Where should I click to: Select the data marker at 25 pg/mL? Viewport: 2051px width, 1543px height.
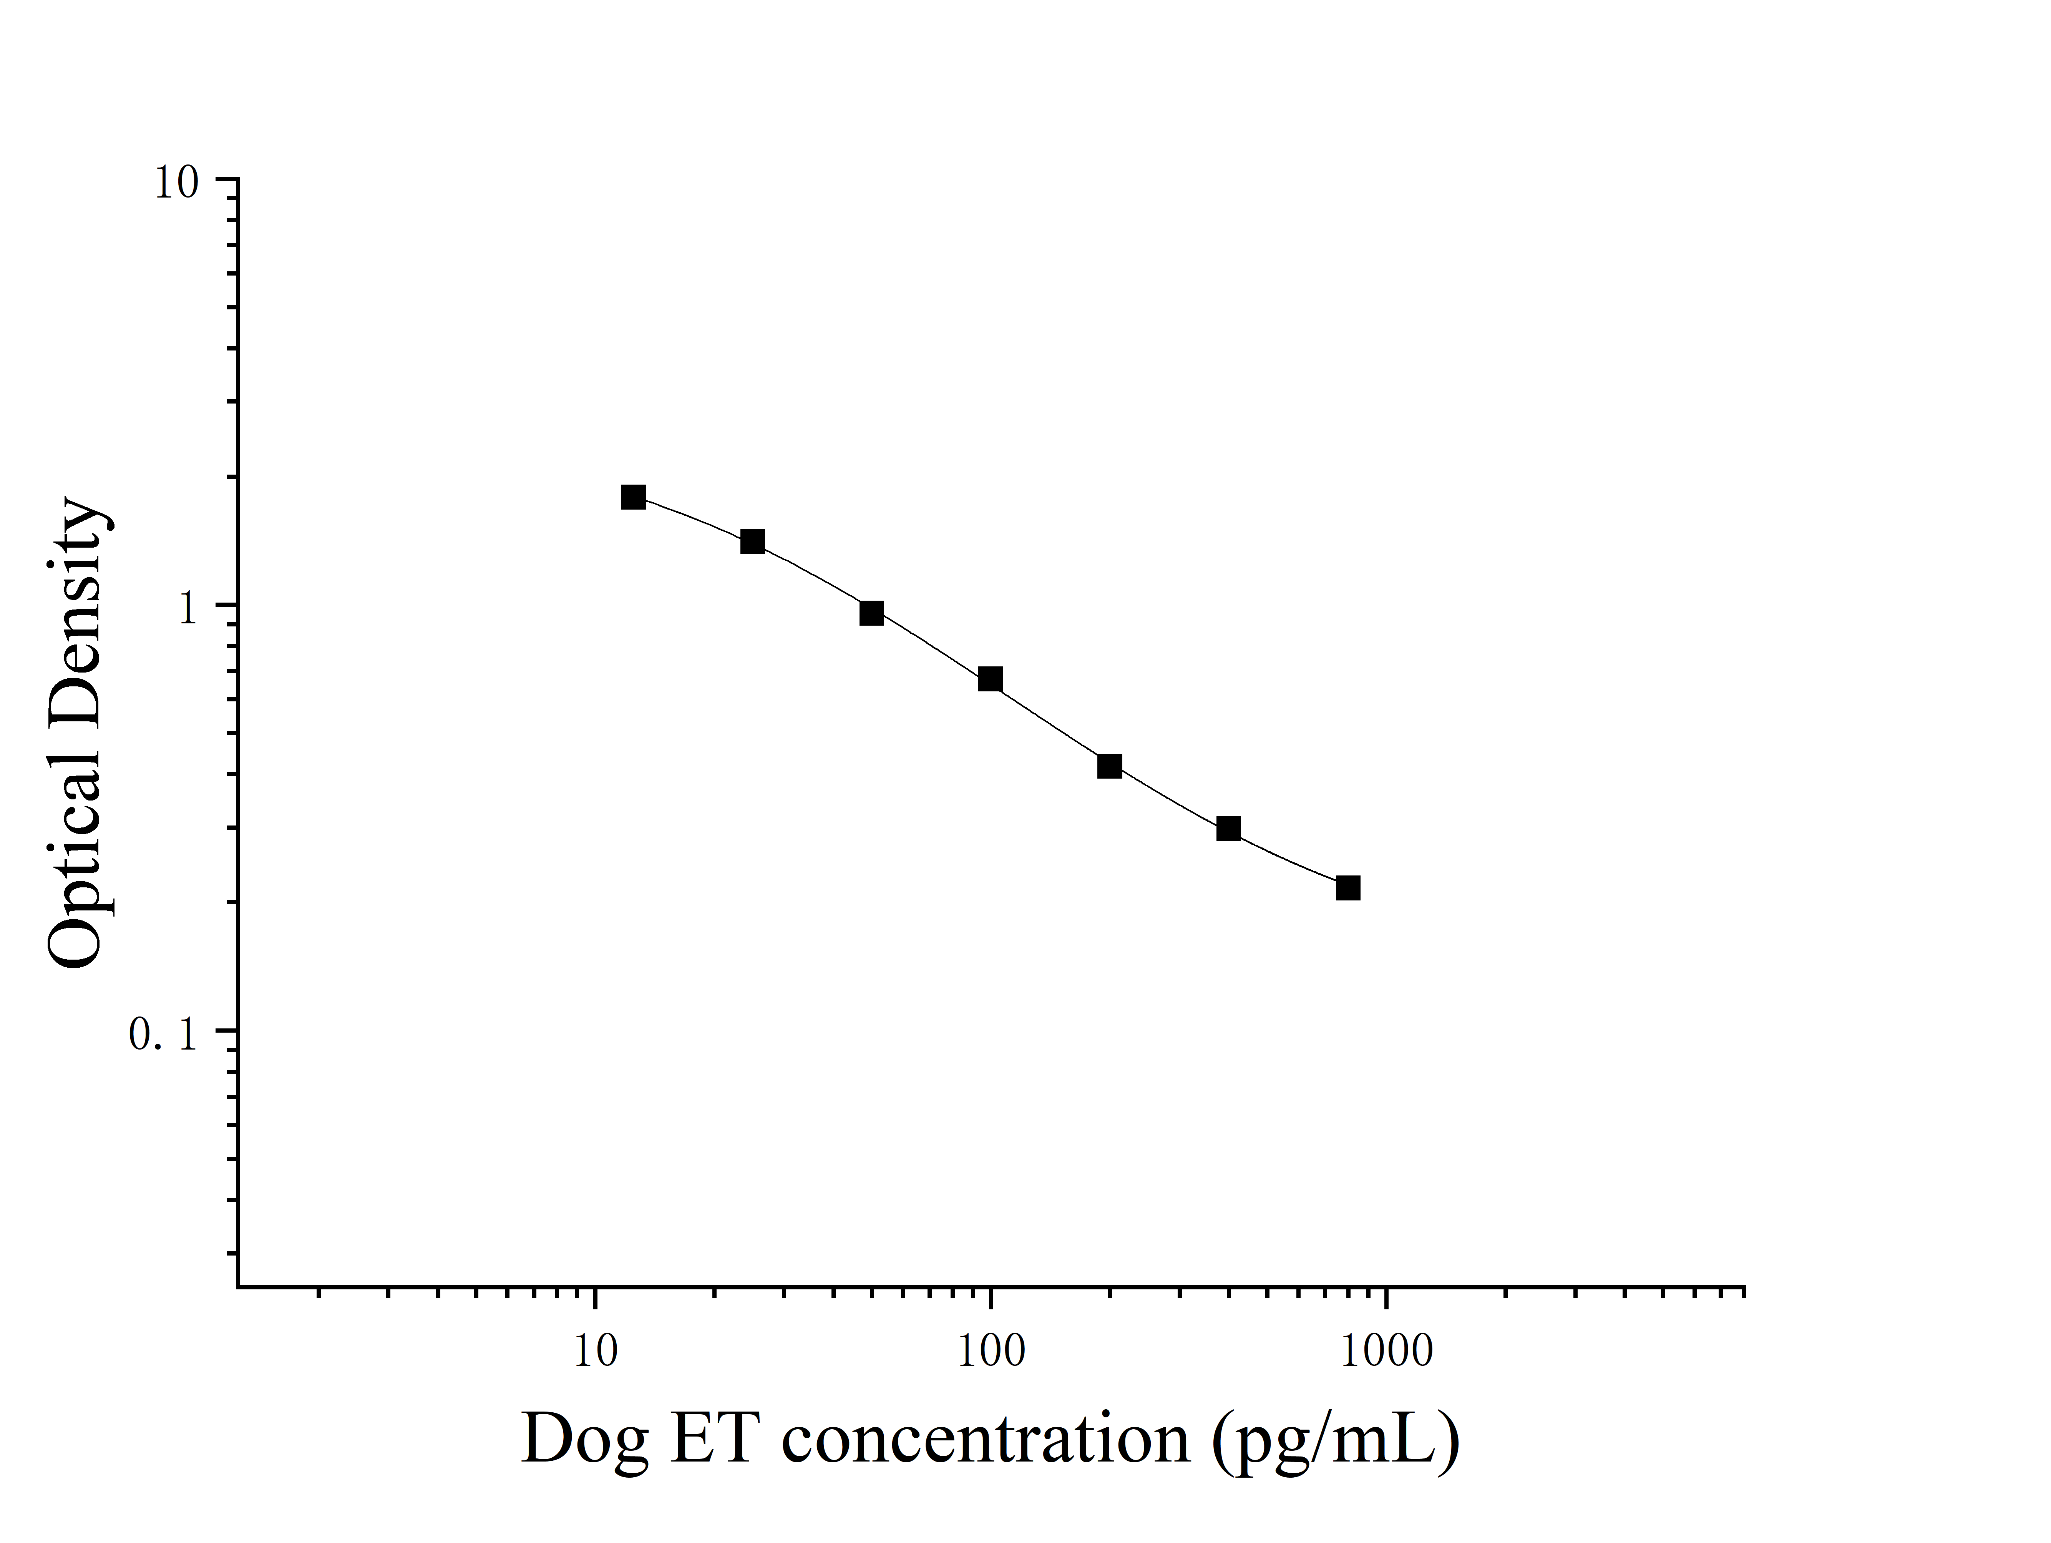(x=753, y=541)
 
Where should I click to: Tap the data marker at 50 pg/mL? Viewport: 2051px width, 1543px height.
(x=871, y=613)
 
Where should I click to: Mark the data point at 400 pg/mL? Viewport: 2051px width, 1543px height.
(x=1228, y=828)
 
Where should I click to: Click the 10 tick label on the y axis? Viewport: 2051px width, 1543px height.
(x=176, y=183)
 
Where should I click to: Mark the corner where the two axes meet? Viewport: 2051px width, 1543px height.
(x=238, y=1287)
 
